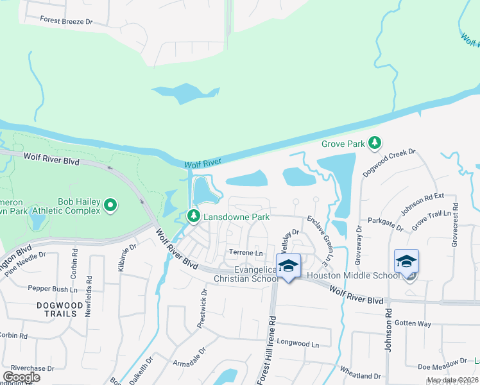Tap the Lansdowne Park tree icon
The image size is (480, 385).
click(x=194, y=218)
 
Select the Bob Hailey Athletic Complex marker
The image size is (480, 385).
click(x=110, y=205)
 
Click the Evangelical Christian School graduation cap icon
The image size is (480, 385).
click(x=289, y=265)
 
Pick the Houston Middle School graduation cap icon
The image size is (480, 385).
click(x=406, y=261)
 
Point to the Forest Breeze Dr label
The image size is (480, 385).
click(x=66, y=21)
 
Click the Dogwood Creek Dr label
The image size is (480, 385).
click(x=390, y=163)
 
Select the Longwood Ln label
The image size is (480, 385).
click(x=302, y=345)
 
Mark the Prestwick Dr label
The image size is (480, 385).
click(x=203, y=308)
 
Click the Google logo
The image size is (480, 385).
click(x=21, y=377)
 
